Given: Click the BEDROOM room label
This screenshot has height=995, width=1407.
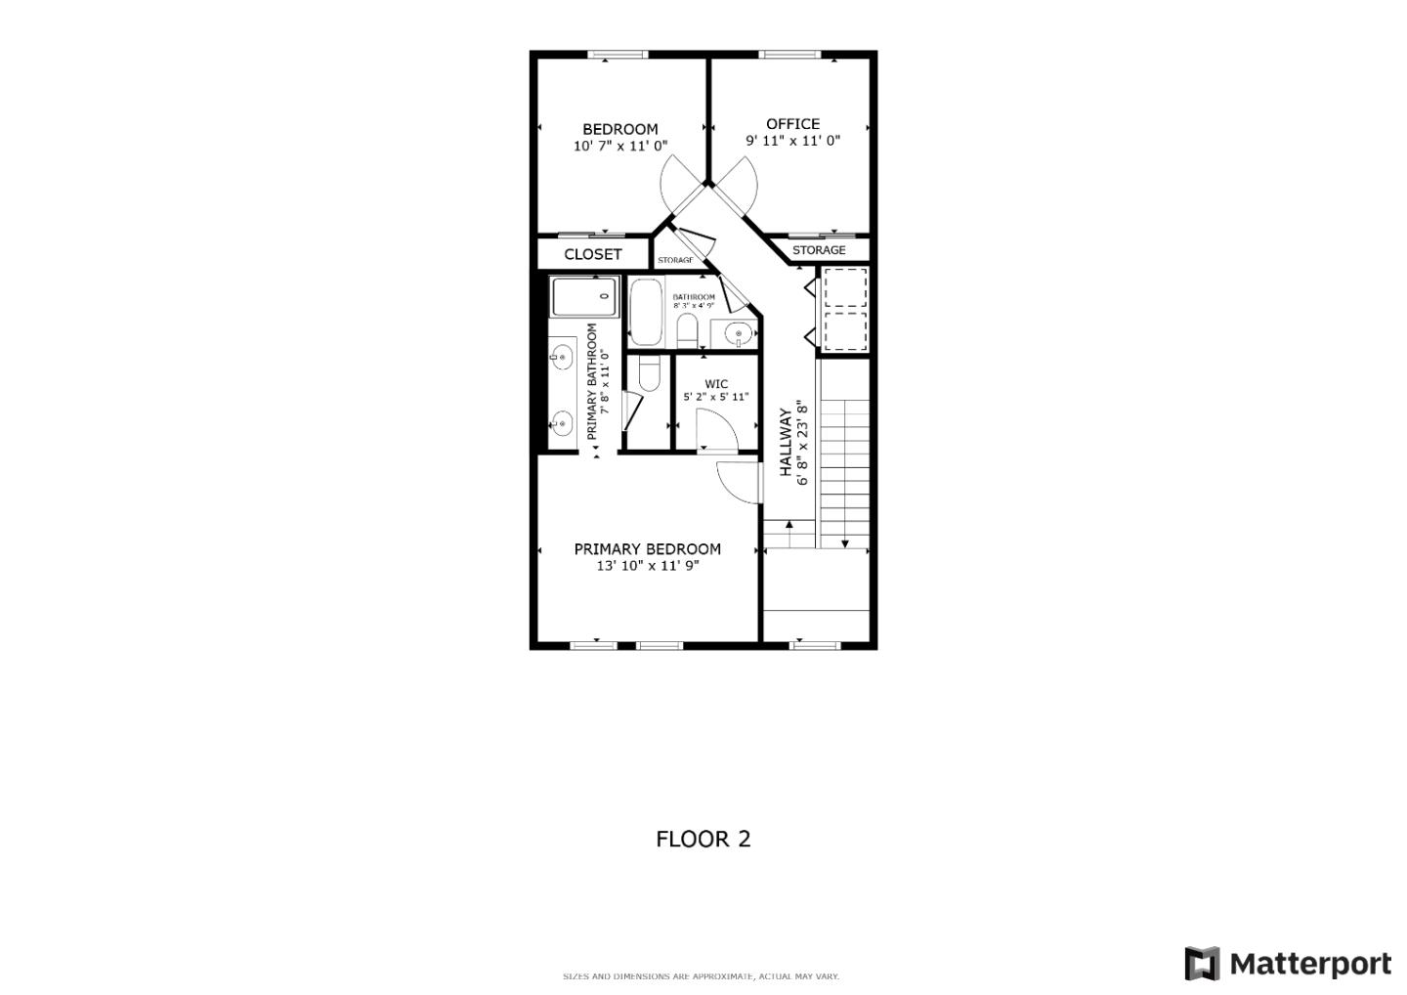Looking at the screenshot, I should point(619,129).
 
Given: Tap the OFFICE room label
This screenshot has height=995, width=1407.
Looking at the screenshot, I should point(792,124).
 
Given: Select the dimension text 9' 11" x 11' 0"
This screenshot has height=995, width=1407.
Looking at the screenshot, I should point(792,141).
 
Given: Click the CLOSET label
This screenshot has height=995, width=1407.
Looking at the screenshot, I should point(592,254).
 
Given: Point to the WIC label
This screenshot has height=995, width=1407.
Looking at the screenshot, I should point(715,384).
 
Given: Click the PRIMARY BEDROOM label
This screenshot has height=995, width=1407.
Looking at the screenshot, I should point(647,549).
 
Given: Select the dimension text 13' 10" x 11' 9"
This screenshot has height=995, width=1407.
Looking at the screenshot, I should point(647,566).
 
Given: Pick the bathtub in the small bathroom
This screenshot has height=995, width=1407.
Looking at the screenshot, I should point(645,312).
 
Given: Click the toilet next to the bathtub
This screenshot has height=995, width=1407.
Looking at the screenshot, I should point(686,330).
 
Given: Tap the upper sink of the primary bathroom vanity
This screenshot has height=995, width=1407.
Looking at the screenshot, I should point(561,358).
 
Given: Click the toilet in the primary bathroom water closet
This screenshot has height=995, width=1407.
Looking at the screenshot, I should point(648,372).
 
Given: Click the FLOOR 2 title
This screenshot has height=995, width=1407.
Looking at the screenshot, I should point(703,839).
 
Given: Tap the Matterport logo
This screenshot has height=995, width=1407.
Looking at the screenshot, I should point(1287,964).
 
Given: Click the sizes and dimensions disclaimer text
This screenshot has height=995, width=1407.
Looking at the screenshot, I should point(701,976).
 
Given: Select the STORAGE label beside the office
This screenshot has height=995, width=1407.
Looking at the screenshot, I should point(819,250).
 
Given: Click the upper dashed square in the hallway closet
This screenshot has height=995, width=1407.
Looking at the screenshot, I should point(845,287).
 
